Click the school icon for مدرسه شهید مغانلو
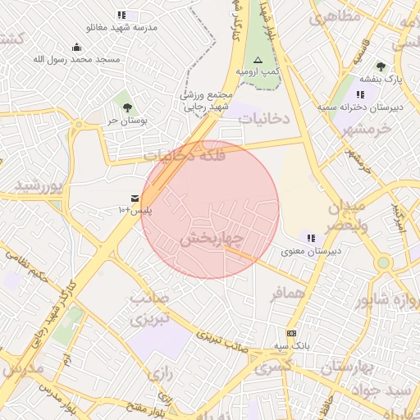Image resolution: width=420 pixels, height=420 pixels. coord(122,15)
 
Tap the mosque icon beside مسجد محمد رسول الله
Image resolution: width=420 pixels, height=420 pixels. coord(76,47)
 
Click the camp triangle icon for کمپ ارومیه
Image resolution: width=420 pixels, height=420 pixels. coord(258,60)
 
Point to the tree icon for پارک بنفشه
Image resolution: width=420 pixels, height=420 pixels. coord(380,66)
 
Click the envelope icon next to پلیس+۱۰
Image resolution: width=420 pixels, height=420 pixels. coord(135,199)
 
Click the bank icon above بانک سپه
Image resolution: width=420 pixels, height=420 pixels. coord(291,333)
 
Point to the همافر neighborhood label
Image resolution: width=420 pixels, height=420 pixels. coord(290,292)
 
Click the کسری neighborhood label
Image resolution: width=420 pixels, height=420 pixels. coord(273,368)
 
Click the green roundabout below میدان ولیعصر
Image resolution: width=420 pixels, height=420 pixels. coord(383,262)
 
